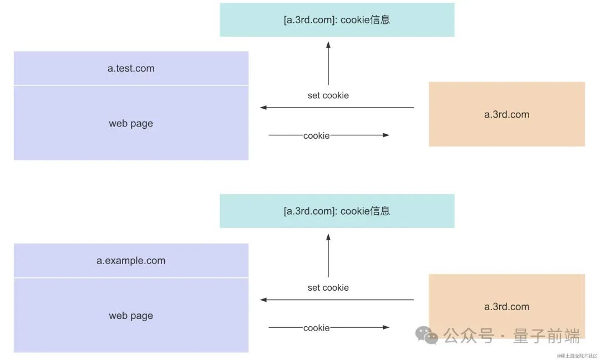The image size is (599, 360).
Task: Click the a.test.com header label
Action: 131,69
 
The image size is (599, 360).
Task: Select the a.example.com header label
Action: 131,261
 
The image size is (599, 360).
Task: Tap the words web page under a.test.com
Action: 131,124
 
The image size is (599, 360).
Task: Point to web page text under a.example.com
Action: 131,316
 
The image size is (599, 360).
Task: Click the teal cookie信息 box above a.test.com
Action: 337,20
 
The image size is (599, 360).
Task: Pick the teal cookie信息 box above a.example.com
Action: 337,211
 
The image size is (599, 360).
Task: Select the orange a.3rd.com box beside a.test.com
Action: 506,115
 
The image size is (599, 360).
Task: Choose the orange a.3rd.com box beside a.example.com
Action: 506,306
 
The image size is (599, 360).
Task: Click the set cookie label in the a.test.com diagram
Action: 328,95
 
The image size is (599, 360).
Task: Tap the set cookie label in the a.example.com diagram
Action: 328,287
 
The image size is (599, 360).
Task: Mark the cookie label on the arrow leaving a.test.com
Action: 316,135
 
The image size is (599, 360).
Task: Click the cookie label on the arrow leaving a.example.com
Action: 316,328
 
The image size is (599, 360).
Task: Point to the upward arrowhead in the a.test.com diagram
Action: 328,45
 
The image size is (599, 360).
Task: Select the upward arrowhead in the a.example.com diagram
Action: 328,237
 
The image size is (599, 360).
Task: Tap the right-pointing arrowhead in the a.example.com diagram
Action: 386,327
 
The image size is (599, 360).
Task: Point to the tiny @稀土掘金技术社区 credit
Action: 577,356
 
